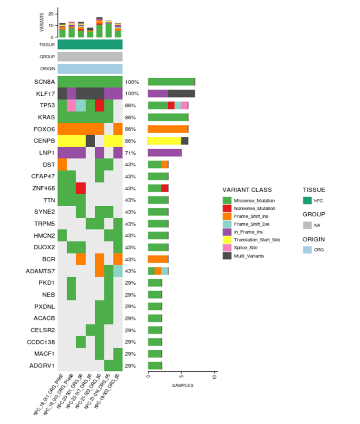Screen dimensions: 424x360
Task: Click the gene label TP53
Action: pyautogui.click(x=48, y=106)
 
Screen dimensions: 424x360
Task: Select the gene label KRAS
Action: pyautogui.click(x=47, y=117)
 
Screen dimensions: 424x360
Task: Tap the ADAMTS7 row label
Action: pyautogui.click(x=41, y=271)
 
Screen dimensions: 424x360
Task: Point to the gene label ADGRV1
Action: pyautogui.click(x=42, y=366)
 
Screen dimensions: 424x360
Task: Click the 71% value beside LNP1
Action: pyautogui.click(x=130, y=153)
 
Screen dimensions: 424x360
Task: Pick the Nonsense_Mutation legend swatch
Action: pyautogui.click(x=227, y=208)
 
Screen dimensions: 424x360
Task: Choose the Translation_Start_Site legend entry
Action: pyautogui.click(x=257, y=240)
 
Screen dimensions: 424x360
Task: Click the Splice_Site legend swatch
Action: pyautogui.click(x=227, y=248)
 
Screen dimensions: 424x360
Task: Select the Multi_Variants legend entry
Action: pyautogui.click(x=248, y=256)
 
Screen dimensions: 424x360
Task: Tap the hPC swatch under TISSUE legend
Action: pyautogui.click(x=307, y=201)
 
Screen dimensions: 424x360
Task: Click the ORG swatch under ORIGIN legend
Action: pyautogui.click(x=307, y=250)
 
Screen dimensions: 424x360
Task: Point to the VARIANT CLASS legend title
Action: pyautogui.click(x=247, y=190)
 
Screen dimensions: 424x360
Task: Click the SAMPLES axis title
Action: pyautogui.click(x=182, y=385)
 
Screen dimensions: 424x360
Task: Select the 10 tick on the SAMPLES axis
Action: pyautogui.click(x=215, y=377)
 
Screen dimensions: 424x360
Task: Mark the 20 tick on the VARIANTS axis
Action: pyautogui.click(x=51, y=14)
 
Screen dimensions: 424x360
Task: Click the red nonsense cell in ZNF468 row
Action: pyautogui.click(x=81, y=188)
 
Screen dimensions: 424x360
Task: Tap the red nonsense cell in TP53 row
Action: pyautogui.click(x=100, y=106)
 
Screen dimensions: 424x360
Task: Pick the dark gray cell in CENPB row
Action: pyautogui.click(x=90, y=141)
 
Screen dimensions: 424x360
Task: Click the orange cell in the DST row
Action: pyautogui.click(x=62, y=165)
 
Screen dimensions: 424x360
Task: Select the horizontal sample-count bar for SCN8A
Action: pyautogui.click(x=172, y=82)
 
